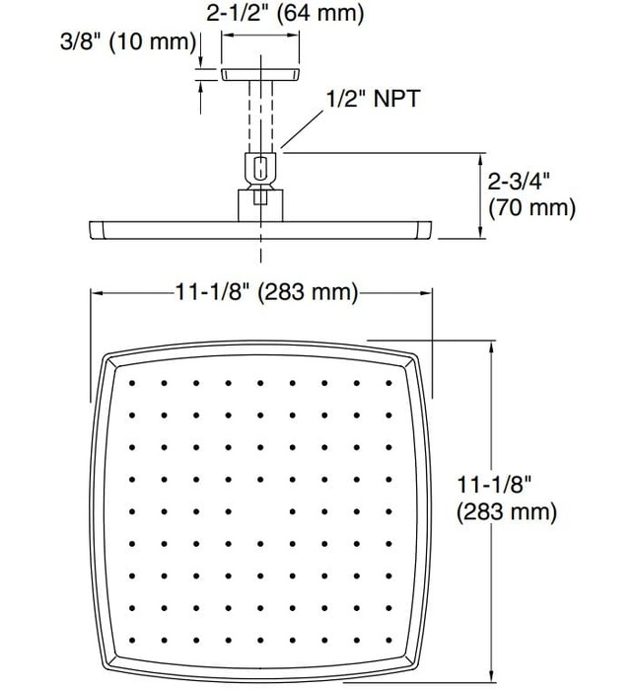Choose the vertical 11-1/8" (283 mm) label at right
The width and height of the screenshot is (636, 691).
coord(505,499)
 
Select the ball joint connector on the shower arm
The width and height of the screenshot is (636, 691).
coord(260,169)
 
